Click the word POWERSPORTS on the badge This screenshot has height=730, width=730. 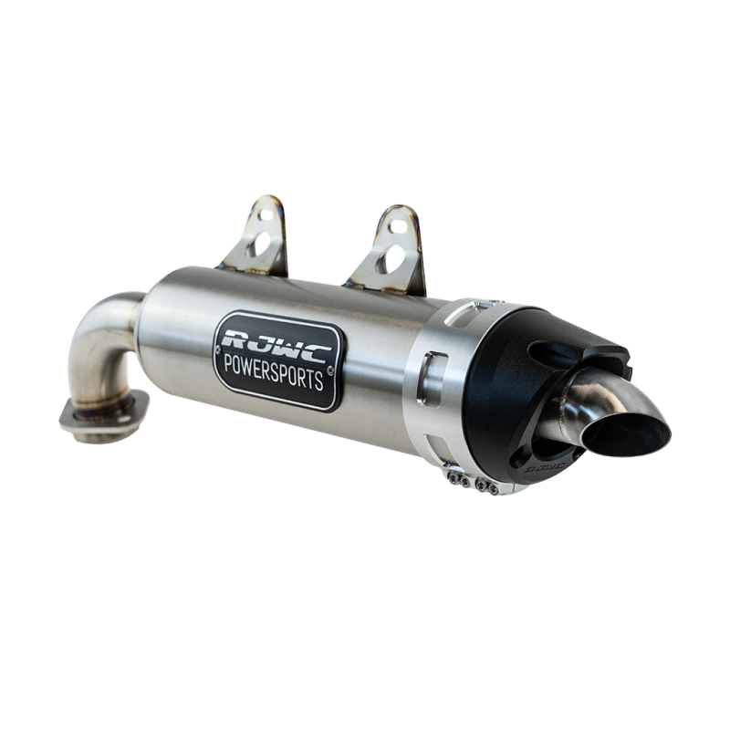pos(274,371)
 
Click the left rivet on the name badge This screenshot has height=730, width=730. pos(217,349)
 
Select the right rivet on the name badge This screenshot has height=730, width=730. pos(330,370)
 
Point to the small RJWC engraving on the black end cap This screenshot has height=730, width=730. pos(545,467)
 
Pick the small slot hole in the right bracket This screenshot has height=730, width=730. pos(398,226)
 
